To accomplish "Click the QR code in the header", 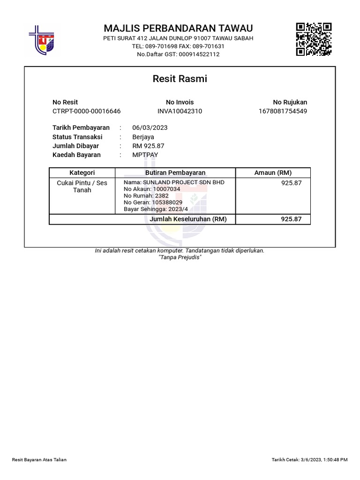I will pyautogui.click(x=314, y=39).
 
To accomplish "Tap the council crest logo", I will pyautogui.click(x=42, y=39).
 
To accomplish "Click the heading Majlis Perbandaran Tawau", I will pyautogui.click(x=178, y=28).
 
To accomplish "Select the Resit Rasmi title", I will pyautogui.click(x=180, y=79).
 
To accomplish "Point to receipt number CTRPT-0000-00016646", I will pyautogui.click(x=86, y=111).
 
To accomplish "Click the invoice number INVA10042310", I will pyautogui.click(x=180, y=111).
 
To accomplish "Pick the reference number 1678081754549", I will pyautogui.click(x=283, y=111).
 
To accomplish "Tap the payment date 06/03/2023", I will pyautogui.click(x=150, y=127).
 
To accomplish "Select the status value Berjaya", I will pyautogui.click(x=143, y=137).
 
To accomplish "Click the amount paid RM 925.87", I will pyautogui.click(x=149, y=146).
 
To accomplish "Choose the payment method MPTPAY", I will pyautogui.click(x=145, y=155).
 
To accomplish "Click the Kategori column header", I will pyautogui.click(x=82, y=172).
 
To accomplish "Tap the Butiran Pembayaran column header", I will pyautogui.click(x=175, y=172).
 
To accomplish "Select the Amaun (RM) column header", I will pyautogui.click(x=273, y=172).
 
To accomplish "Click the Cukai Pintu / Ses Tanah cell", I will pyautogui.click(x=82, y=187).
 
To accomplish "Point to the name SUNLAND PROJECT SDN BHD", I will pyautogui.click(x=174, y=182).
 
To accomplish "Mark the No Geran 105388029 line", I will pyautogui.click(x=153, y=202).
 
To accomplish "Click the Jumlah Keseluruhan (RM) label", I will pyautogui.click(x=188, y=219).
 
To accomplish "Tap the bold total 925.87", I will pyautogui.click(x=292, y=219).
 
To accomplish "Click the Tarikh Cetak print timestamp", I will pyautogui.click(x=309, y=460).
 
